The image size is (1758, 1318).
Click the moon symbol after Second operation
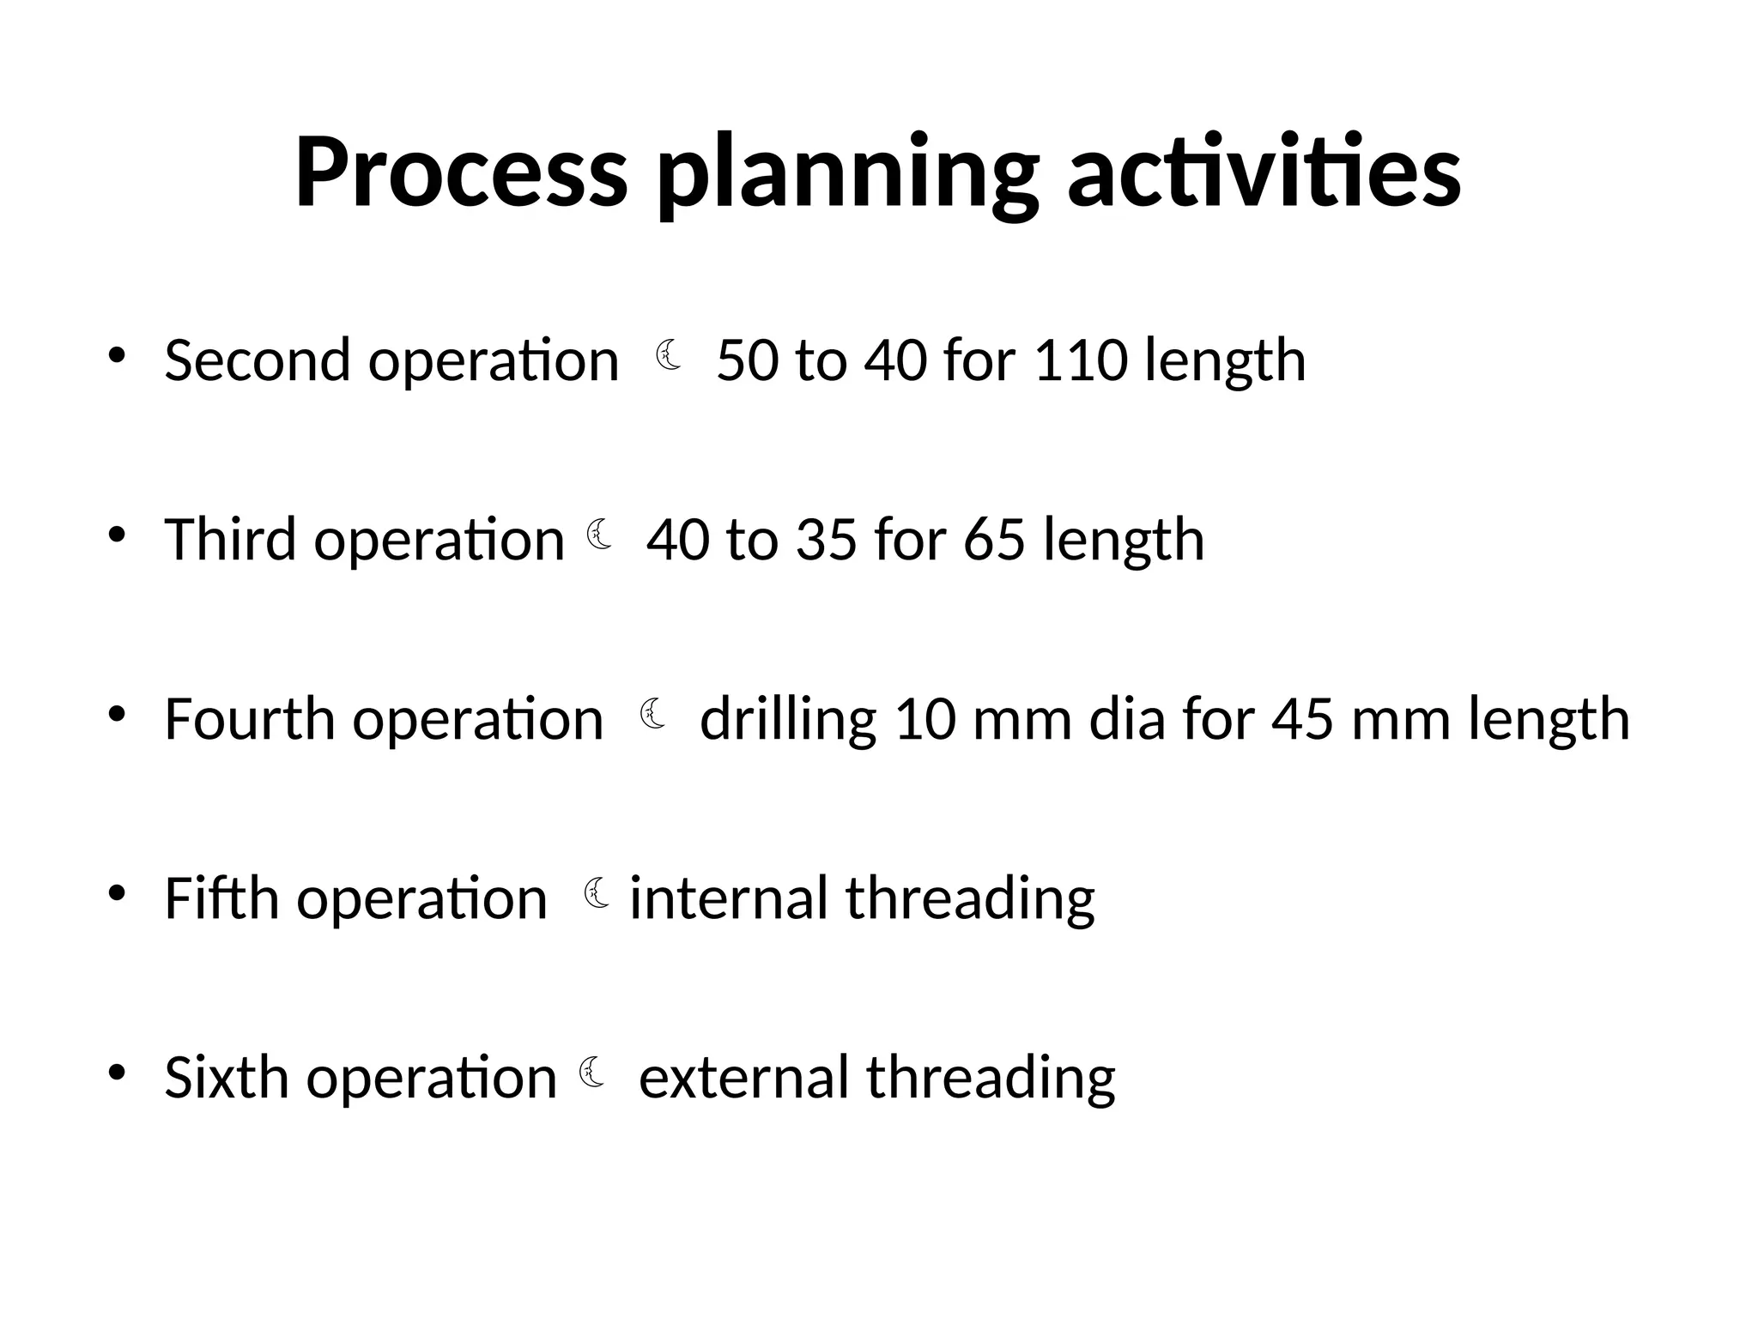(670, 355)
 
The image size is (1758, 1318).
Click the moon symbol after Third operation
(599, 535)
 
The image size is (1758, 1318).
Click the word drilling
(788, 721)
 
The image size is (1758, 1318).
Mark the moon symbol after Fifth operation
(597, 893)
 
